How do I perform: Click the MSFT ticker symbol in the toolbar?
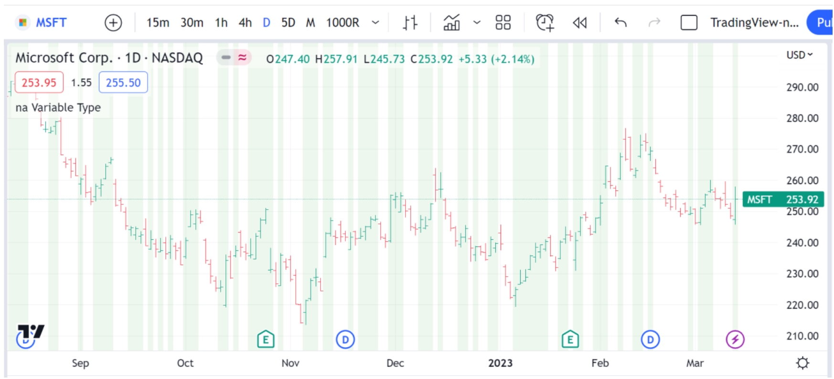coord(51,22)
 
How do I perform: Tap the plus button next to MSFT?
coord(113,22)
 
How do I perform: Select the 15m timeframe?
coord(158,22)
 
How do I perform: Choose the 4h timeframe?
coord(245,22)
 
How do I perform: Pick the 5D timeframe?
coord(288,22)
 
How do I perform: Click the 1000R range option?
coord(342,22)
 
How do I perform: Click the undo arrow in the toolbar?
coord(620,22)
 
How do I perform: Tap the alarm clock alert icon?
coord(545,22)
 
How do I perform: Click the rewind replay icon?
coord(579,22)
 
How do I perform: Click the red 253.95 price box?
coord(39,83)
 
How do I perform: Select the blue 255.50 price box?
coord(123,83)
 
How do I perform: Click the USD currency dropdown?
coord(799,55)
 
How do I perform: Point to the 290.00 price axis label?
coord(802,88)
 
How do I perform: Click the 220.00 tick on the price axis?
coord(802,305)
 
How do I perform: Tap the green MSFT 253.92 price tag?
coord(783,200)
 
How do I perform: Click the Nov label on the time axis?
coord(290,363)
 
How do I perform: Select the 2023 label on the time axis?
coord(500,363)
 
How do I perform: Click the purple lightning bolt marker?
coord(735,340)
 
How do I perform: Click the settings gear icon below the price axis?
coord(802,363)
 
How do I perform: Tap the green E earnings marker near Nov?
coord(266,340)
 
